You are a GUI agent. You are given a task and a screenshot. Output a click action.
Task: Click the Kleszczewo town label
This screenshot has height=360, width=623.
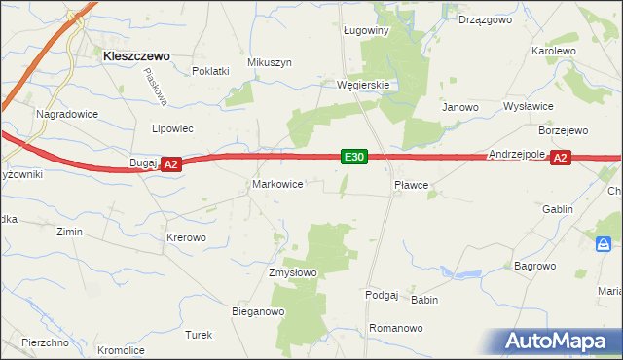pyautogui.click(x=136, y=56)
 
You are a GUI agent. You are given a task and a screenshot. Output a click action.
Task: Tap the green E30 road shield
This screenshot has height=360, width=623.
pyautogui.click(x=353, y=157)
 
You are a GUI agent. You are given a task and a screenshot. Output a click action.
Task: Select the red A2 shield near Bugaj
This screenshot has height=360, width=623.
pyautogui.click(x=170, y=165)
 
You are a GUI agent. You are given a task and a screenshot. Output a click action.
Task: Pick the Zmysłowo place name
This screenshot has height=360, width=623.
pyautogui.click(x=293, y=272)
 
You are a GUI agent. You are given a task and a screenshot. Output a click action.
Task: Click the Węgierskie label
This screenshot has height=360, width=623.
pyautogui.click(x=363, y=85)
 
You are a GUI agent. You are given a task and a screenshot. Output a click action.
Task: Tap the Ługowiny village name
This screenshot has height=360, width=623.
pyautogui.click(x=366, y=30)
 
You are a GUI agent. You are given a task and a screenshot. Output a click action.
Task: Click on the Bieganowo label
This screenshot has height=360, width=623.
pyautogui.click(x=257, y=312)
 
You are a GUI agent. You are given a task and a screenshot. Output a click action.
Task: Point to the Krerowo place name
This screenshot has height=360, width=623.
pyautogui.click(x=186, y=237)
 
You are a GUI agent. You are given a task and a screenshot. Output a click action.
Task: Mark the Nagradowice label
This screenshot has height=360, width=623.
pyautogui.click(x=63, y=114)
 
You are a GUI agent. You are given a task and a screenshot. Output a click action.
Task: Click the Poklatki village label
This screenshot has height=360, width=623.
pyautogui.click(x=210, y=71)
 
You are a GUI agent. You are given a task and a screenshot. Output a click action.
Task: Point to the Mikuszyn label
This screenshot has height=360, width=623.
pyautogui.click(x=270, y=62)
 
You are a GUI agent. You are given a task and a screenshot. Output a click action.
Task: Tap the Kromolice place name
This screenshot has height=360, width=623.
pyautogui.click(x=121, y=350)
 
